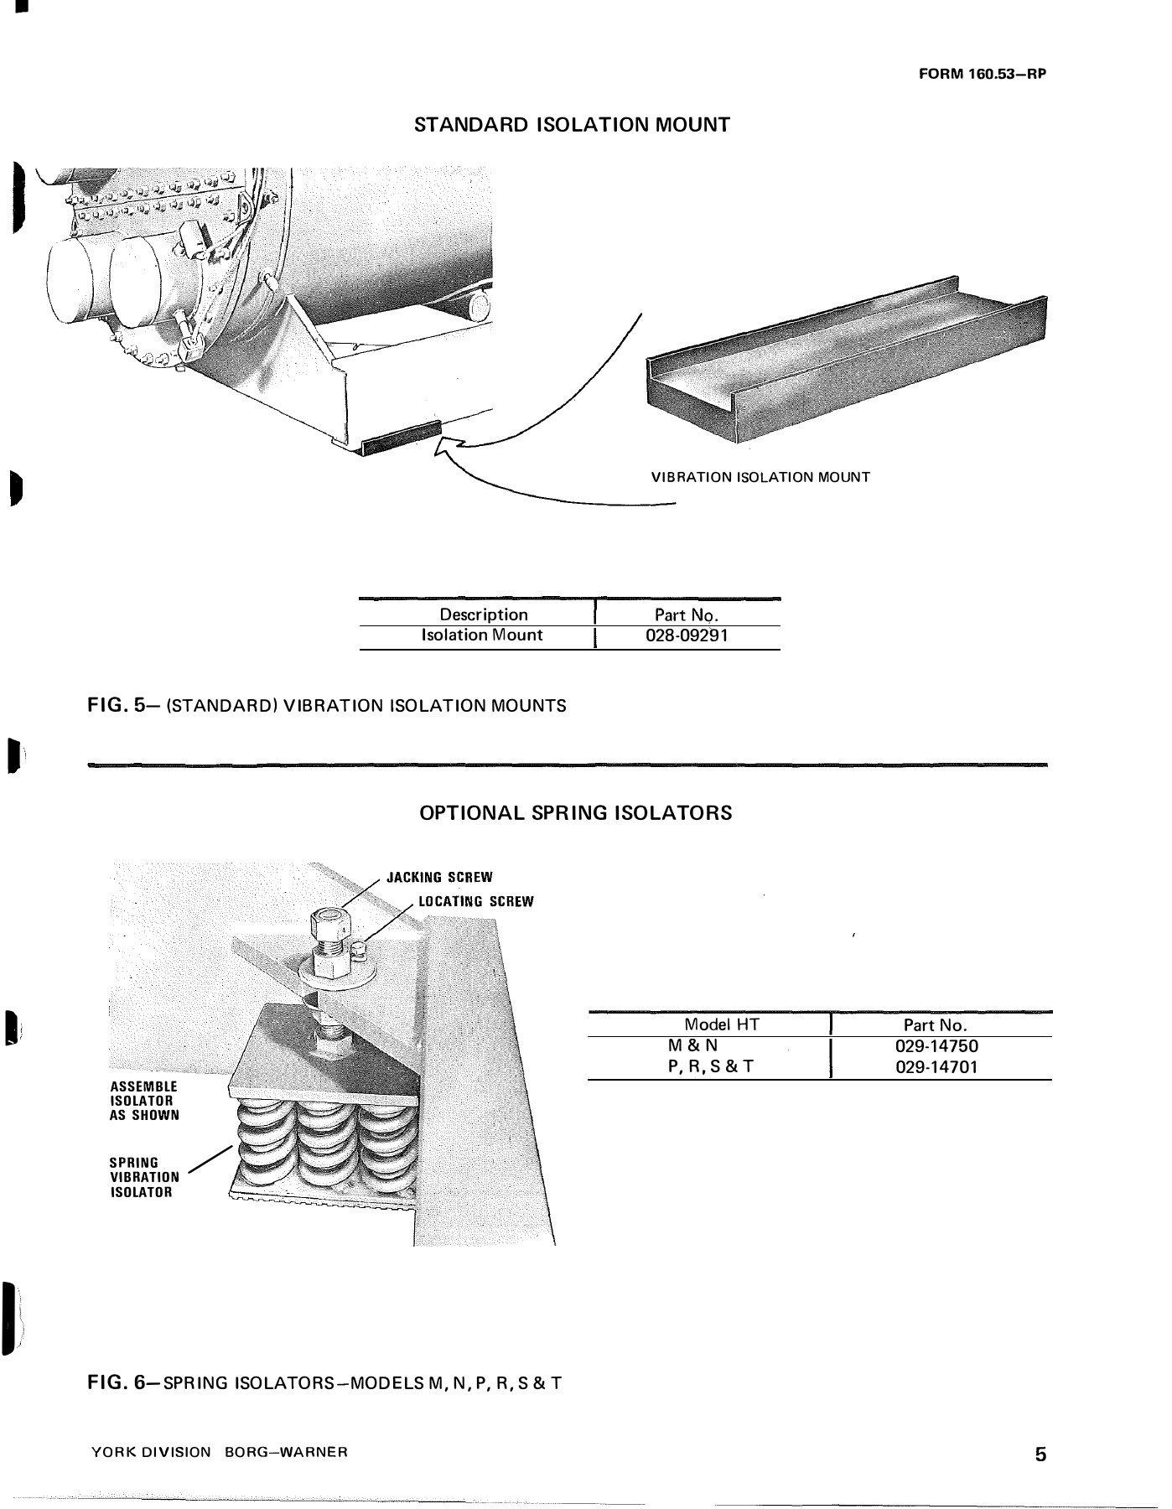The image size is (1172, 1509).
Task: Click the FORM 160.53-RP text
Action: point(983,73)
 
